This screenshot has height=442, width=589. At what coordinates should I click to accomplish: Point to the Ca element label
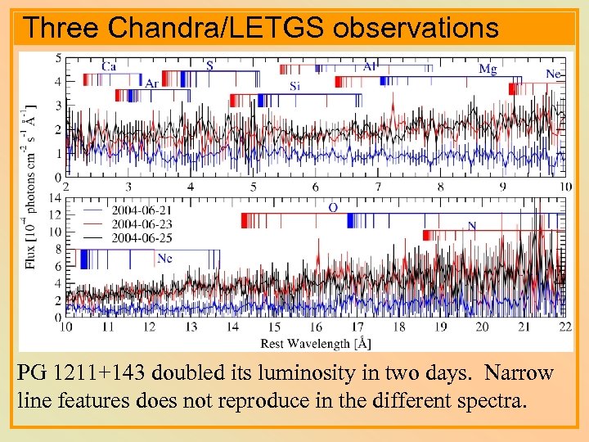(x=108, y=66)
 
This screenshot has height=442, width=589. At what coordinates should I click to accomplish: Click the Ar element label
(x=152, y=83)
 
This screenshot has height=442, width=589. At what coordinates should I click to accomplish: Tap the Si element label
(x=294, y=86)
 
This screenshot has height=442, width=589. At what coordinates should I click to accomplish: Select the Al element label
(x=370, y=66)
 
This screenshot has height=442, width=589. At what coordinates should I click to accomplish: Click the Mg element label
(x=488, y=69)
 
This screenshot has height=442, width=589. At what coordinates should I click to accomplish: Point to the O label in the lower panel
(x=333, y=208)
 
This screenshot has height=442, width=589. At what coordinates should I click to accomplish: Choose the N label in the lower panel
(x=472, y=226)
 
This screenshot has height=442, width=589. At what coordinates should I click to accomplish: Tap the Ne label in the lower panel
(x=164, y=258)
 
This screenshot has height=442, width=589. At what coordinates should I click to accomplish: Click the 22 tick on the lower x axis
(x=564, y=327)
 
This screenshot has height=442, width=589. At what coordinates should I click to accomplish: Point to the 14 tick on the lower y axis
(x=55, y=197)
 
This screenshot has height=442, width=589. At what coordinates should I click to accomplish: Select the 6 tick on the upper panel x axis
(x=316, y=187)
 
